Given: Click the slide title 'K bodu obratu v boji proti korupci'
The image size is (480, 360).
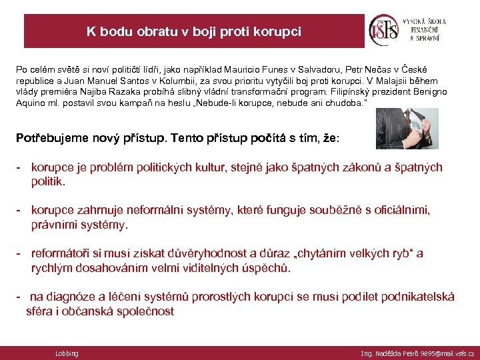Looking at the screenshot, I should click(x=193, y=31).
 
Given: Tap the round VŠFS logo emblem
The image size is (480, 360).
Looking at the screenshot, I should click(x=384, y=30).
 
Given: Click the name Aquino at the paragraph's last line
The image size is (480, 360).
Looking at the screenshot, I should click(x=31, y=103).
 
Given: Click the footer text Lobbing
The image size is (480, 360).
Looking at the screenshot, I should click(x=67, y=353).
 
